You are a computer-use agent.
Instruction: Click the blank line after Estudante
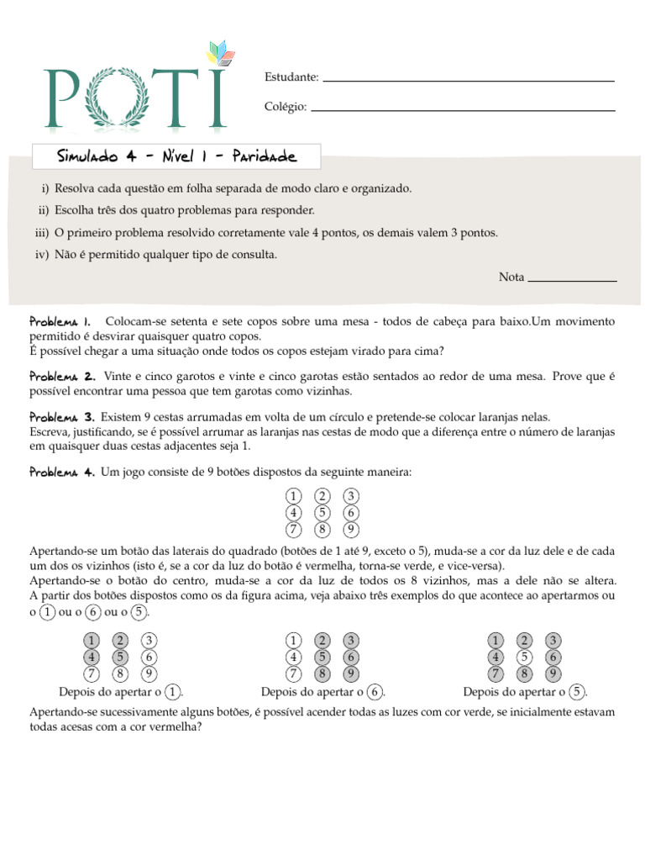pos(469,81)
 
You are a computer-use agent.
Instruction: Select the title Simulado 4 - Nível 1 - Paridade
pos(176,156)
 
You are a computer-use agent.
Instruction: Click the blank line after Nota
pos(572,280)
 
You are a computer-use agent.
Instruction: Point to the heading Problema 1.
pos(60,322)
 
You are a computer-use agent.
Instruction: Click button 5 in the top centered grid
pos(322,513)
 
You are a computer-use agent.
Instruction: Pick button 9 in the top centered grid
pos(352,530)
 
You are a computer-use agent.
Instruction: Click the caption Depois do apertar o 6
pos(323,692)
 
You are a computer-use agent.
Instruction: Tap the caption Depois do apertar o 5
pos(525,692)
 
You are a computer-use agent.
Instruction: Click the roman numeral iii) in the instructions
pos(43,232)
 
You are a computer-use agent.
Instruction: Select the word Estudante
pos(291,77)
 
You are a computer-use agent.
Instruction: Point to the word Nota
pos(511,277)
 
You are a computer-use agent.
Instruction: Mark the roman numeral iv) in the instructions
pos(43,254)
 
